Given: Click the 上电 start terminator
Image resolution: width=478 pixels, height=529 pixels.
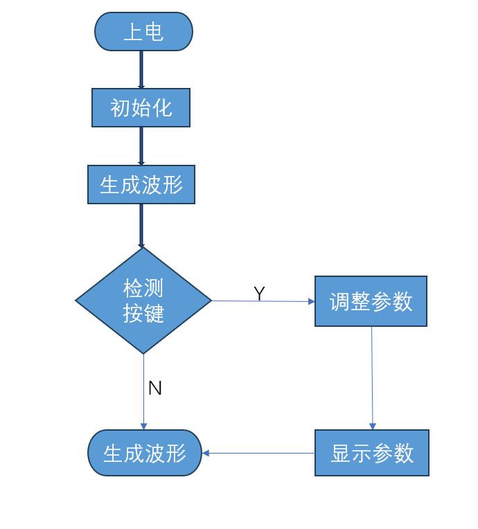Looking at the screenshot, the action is [143, 32].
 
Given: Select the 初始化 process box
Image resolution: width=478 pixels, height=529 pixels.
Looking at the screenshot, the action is [141, 107].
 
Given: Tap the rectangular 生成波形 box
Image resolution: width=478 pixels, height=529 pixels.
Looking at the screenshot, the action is [141, 185].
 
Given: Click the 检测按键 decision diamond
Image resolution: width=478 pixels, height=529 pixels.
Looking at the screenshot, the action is [143, 301].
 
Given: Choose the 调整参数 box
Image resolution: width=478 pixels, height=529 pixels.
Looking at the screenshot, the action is [371, 301].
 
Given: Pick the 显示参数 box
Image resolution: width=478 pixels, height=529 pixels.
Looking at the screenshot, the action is [372, 453].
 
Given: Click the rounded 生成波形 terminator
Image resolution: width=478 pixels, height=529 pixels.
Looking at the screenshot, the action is [145, 453].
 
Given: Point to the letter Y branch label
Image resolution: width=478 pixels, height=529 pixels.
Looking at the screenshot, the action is [259, 293].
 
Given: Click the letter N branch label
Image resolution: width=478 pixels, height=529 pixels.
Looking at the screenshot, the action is [155, 388].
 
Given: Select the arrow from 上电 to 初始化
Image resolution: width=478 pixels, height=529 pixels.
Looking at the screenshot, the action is [141, 70].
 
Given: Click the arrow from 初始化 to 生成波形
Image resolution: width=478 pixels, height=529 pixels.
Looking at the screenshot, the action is [141, 146].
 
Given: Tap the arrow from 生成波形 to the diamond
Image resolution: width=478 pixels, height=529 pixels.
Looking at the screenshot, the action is [141, 226].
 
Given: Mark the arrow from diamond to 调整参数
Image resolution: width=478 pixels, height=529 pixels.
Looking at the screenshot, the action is [263, 301].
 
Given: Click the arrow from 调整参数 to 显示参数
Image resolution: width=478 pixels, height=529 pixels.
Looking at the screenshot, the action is [372, 378].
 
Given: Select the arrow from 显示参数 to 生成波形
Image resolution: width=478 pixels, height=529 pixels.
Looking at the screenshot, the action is [258, 453].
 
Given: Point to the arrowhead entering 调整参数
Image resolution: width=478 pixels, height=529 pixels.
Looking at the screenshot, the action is [312, 301].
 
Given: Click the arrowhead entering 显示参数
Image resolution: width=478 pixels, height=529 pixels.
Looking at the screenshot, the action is [373, 427].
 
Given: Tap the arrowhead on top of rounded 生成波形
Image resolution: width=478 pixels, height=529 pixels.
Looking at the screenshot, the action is [143, 427].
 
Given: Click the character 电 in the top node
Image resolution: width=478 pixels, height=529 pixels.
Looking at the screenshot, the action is [154, 32].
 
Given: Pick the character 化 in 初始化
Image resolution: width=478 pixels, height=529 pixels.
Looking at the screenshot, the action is [162, 108].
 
